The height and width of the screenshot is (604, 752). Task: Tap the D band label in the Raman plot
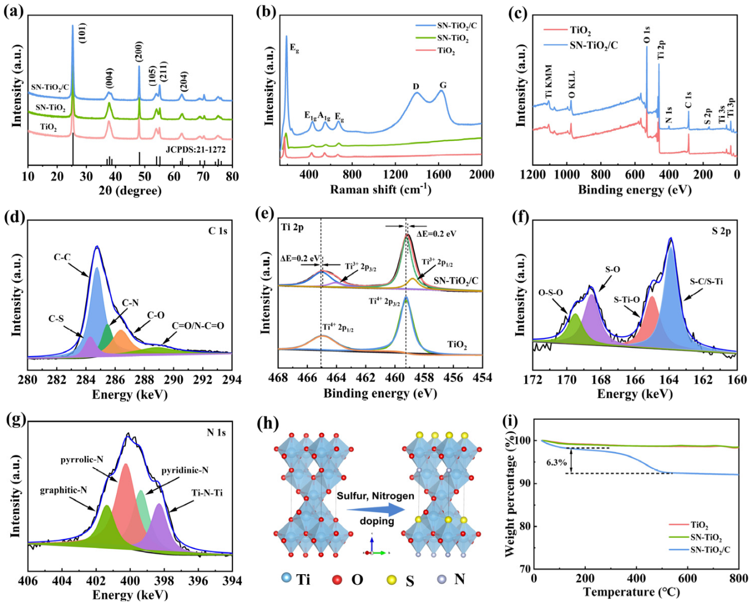click(x=416, y=86)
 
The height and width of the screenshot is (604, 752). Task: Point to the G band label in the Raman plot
click(x=443, y=85)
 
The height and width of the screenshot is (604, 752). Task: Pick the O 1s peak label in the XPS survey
click(x=647, y=33)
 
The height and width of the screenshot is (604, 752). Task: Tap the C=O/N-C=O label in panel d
click(x=198, y=326)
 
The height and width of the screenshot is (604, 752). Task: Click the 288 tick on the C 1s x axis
click(x=144, y=380)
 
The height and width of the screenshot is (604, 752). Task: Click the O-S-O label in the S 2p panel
click(x=551, y=293)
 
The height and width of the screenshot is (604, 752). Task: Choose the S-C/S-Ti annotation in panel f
click(x=706, y=281)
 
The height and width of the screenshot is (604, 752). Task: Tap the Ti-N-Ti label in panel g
click(x=207, y=493)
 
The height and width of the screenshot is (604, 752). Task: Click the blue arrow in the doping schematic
click(x=376, y=509)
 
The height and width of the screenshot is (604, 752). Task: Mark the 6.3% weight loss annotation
click(x=555, y=464)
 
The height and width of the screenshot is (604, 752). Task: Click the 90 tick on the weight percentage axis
click(x=526, y=483)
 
